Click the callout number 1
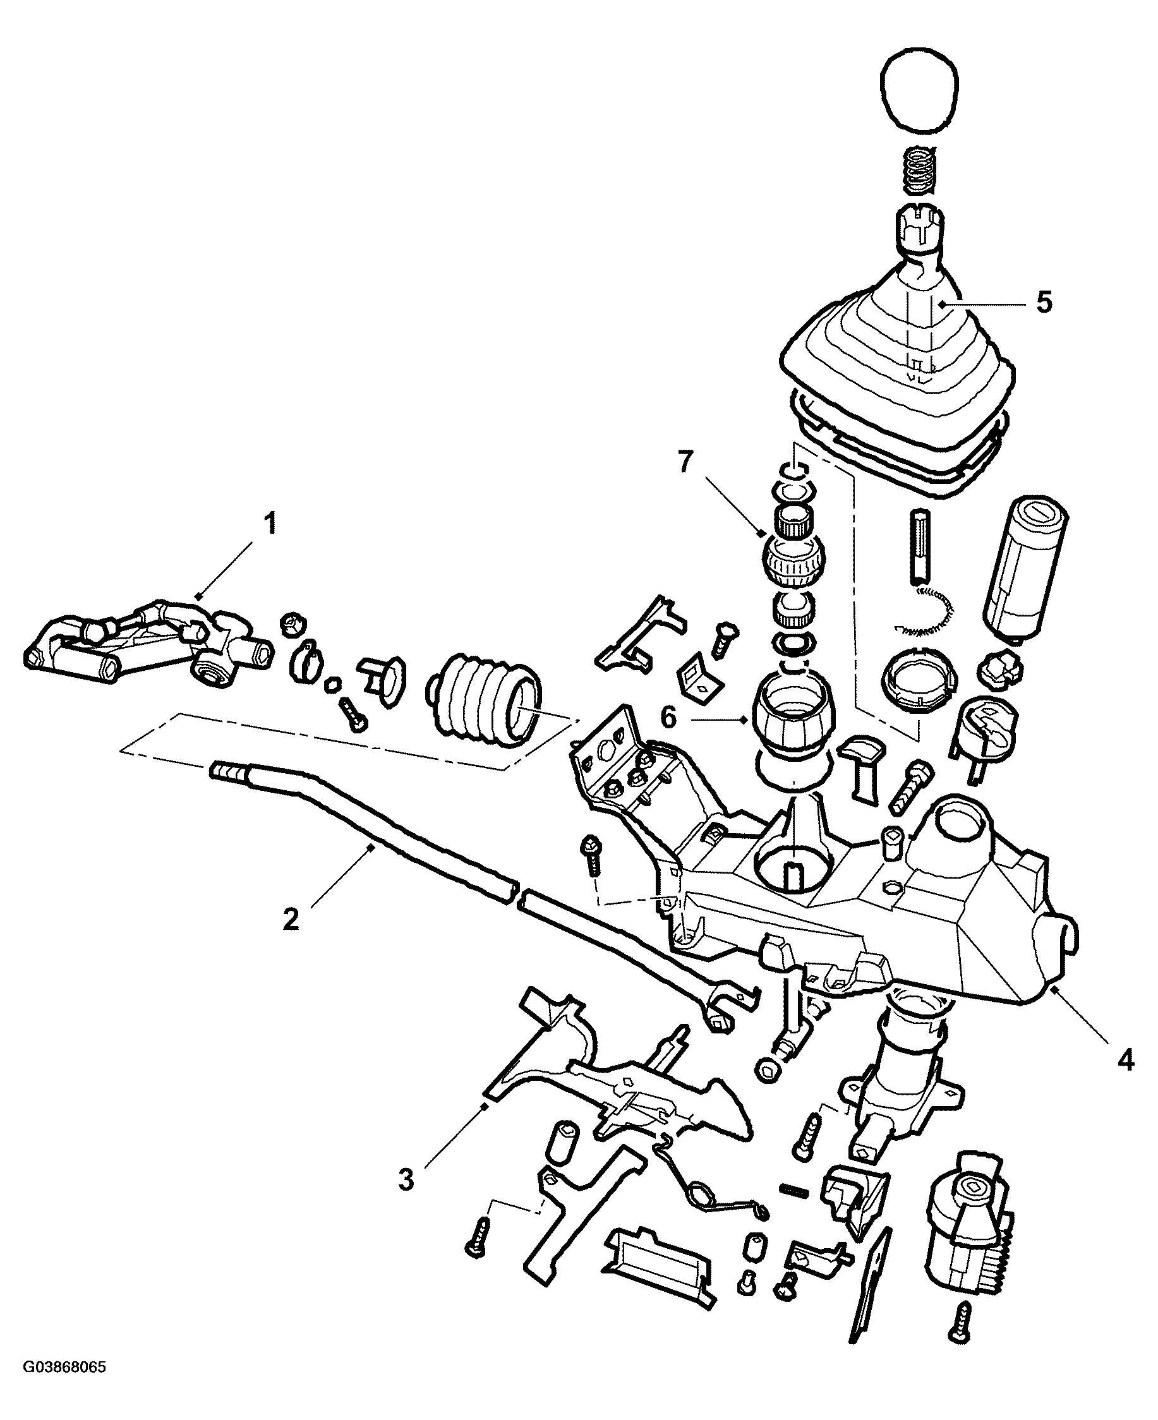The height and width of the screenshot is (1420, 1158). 270,524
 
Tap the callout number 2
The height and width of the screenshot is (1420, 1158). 291,920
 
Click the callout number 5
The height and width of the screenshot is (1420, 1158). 1044,302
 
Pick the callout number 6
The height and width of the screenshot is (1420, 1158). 669,717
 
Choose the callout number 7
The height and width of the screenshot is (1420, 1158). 686,462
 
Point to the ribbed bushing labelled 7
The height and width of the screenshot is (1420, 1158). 793,560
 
